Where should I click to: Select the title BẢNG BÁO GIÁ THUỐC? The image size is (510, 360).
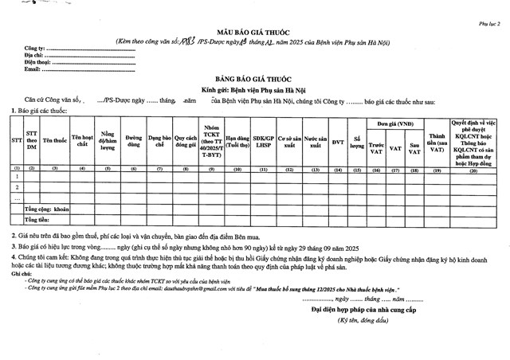[256, 81]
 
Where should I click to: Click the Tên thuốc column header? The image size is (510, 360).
[54, 140]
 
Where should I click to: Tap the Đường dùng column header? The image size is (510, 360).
[135, 141]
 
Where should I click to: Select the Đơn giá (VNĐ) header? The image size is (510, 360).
[395, 124]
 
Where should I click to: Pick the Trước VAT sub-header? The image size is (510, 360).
[377, 147]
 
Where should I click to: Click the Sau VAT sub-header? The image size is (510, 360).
[414, 147]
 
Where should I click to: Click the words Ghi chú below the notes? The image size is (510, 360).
[22, 273]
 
